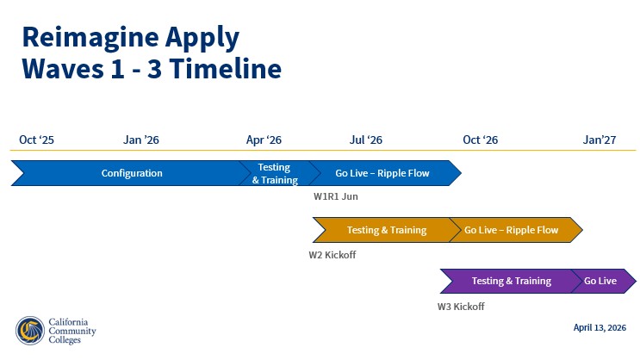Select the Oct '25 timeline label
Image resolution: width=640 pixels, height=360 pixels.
click(x=36, y=140)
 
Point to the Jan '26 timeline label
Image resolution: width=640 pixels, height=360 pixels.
click(x=141, y=140)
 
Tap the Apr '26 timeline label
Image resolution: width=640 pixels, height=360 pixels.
click(x=264, y=140)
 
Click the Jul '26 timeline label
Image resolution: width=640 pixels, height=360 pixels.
click(x=366, y=140)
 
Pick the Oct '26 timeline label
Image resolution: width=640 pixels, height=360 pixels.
click(x=480, y=140)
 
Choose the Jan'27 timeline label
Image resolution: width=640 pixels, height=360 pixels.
click(x=600, y=140)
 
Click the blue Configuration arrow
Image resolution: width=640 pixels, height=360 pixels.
click(x=132, y=173)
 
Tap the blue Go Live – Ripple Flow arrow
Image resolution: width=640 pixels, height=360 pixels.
click(x=382, y=173)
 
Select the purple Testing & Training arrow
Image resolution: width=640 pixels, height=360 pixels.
click(x=511, y=281)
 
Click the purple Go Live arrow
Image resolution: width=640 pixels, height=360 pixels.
click(x=601, y=281)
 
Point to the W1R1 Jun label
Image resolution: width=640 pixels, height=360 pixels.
click(x=336, y=196)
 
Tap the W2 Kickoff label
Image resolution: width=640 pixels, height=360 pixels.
click(x=332, y=255)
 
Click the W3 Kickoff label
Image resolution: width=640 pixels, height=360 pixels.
click(x=461, y=307)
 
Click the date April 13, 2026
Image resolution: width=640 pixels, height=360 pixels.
click(x=600, y=327)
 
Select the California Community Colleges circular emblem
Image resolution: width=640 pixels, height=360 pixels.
click(x=29, y=331)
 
